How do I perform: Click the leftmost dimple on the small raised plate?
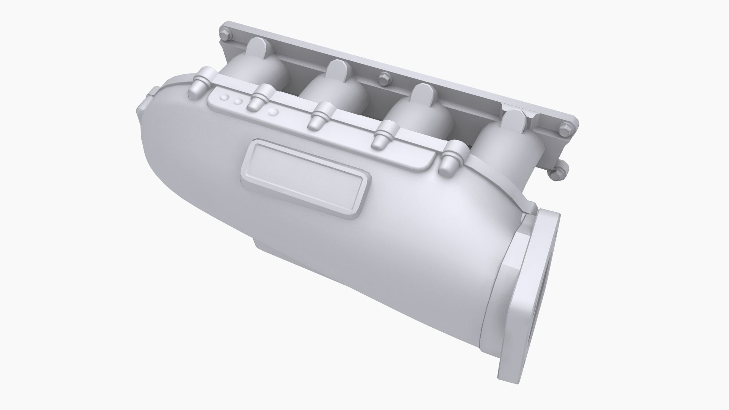(226, 98)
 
